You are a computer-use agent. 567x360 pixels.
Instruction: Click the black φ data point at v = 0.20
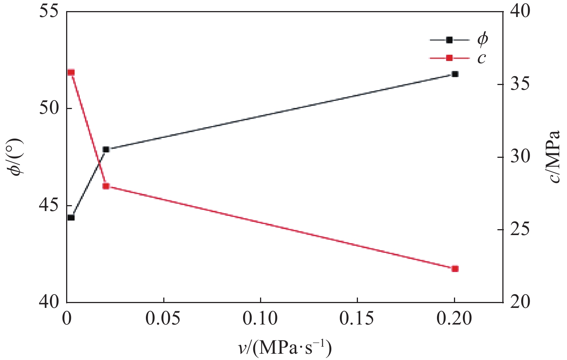pos(455,74)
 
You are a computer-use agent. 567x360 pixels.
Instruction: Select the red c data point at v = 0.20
pos(455,269)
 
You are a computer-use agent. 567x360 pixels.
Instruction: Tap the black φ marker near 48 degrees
pos(106,149)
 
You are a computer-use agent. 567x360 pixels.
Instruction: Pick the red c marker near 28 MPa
pos(106,186)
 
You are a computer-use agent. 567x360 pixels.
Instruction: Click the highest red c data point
pos(71,72)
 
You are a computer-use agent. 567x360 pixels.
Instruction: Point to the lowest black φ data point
pos(71,217)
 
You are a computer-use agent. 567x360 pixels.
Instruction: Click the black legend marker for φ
pos(449,40)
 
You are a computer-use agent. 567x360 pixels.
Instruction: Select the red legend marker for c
pos(449,58)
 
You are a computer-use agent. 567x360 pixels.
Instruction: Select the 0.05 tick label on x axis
pos(163,319)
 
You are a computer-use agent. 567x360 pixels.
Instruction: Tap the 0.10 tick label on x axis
pos(260,319)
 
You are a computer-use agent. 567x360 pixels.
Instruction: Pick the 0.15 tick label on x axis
pos(357,319)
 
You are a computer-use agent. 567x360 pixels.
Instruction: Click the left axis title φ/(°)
pos(16,157)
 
